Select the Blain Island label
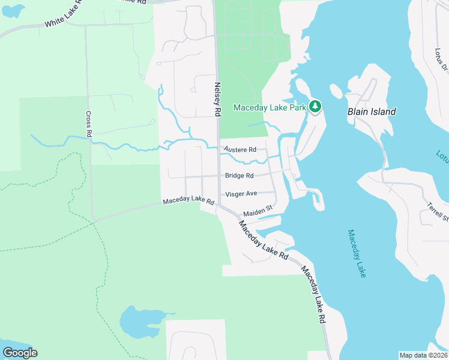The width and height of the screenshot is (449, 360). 372,112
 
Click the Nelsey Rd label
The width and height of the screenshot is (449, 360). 218,100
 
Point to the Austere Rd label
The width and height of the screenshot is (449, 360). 240,149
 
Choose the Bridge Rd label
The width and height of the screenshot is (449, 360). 239,176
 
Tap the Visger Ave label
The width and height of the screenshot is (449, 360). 241,194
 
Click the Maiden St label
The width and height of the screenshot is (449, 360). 258,211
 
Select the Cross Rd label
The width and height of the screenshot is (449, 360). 88,124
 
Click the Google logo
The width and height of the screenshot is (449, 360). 20,353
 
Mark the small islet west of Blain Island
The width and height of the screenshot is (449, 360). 336,91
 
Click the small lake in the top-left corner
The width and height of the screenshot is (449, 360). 12,10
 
